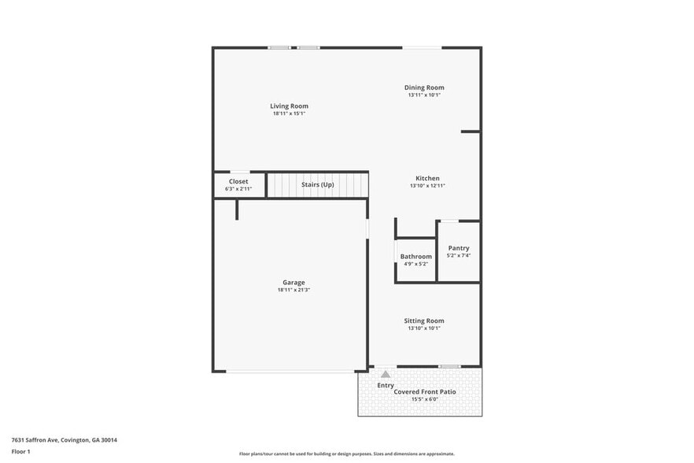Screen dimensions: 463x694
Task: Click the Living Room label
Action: click(289, 106)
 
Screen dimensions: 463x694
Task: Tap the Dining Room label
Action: click(424, 87)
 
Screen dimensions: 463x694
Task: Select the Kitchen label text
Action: click(427, 178)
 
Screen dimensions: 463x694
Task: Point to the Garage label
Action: click(293, 282)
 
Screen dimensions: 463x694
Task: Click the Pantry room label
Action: click(458, 248)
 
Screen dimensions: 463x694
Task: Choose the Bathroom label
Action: click(415, 257)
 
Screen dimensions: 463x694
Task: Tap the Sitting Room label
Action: click(424, 320)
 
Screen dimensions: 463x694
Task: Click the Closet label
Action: click(238, 182)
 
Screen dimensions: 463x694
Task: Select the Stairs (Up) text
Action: click(317, 185)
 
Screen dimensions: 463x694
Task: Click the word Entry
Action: click(386, 386)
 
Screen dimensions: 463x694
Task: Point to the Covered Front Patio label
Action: click(425, 391)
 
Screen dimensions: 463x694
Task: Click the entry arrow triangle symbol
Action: click(385, 375)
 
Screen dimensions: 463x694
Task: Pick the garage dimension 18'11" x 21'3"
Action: click(293, 290)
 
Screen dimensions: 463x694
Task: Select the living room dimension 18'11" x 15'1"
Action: click(289, 113)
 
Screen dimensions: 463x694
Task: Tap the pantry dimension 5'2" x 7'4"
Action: click(458, 255)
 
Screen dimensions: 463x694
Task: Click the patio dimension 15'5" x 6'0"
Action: click(425, 399)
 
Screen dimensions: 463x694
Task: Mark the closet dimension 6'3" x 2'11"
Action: click(238, 189)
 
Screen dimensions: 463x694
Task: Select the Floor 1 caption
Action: click(20, 451)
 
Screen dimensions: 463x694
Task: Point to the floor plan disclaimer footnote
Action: click(346, 454)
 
